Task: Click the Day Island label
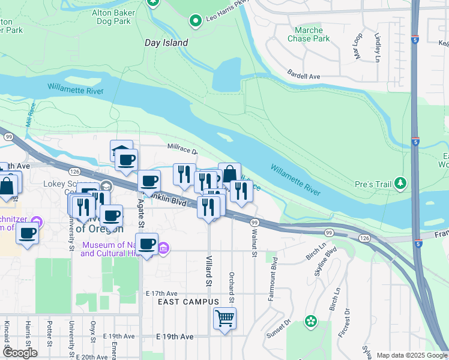(x=166, y=43)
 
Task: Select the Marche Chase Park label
(x=312, y=34)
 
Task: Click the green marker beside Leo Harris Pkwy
(x=195, y=22)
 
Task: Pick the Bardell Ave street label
(x=304, y=76)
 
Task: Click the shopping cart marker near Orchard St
(x=224, y=318)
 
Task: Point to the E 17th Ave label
(x=163, y=293)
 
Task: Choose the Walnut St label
(x=255, y=245)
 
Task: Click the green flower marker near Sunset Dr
(x=310, y=322)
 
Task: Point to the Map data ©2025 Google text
(x=411, y=355)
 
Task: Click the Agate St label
(x=142, y=214)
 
